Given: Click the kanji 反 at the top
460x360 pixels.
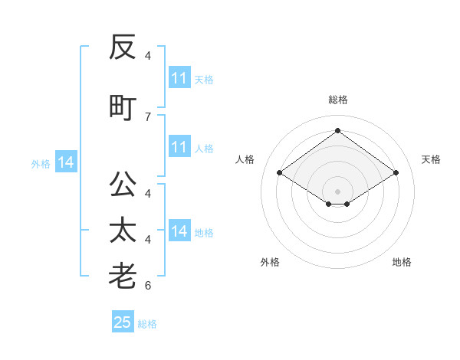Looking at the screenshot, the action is [x=123, y=47].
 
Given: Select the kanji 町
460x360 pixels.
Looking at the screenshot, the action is [x=123, y=108].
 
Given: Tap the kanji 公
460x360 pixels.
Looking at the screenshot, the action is [x=123, y=184].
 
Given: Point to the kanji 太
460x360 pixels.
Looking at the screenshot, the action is [x=123, y=230].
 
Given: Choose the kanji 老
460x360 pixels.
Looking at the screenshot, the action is [x=123, y=276].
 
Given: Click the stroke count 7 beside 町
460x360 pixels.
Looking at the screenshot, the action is [x=148, y=117].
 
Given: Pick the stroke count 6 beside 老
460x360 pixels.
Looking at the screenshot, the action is [x=148, y=285].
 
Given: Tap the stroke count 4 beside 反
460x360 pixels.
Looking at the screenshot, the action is [x=148, y=56].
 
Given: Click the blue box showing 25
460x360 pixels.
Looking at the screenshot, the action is [x=123, y=321].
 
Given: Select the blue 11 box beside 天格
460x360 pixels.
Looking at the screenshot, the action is [x=179, y=77].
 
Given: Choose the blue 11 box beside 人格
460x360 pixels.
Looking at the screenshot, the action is [x=179, y=146].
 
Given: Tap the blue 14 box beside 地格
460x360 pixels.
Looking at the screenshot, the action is [x=179, y=230].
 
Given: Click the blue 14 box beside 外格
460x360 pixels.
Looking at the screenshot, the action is [x=66, y=162].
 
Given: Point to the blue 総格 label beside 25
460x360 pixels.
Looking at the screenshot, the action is [x=147, y=324].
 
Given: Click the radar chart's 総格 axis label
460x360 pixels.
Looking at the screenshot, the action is [x=337, y=100].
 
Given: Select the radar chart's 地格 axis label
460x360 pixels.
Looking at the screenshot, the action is [x=402, y=262].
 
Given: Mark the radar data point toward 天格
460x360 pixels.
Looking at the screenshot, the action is [x=396, y=172].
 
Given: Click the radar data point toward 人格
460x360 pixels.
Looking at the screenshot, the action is [x=279, y=172].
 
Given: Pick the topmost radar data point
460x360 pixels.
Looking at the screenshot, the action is [x=337, y=130].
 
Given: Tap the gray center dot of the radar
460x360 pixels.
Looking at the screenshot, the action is [x=337, y=191].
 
